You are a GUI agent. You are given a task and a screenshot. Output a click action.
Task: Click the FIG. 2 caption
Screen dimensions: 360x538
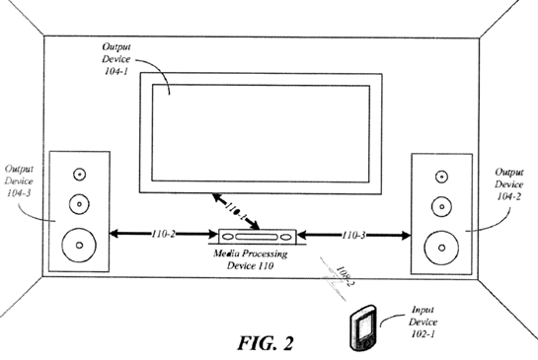[266, 342]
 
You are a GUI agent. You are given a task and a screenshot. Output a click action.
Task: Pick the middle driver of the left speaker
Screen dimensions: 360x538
[74, 205]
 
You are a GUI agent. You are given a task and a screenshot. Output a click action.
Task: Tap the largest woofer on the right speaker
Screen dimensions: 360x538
[439, 243]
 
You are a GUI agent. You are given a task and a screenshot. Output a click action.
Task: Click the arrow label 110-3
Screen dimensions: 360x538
[355, 237]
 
